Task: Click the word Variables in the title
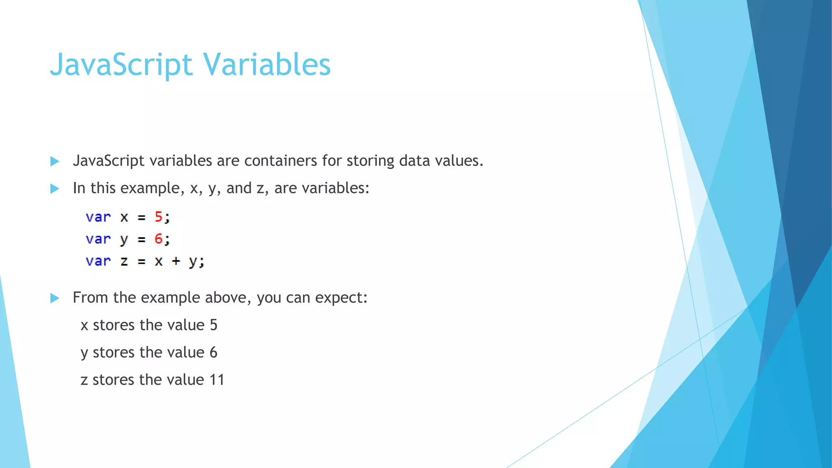point(267,65)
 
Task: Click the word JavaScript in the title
point(121,65)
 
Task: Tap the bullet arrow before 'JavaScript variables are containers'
point(54,162)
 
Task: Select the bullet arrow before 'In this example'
point(54,189)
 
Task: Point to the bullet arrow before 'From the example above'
point(54,299)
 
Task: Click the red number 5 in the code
point(158,217)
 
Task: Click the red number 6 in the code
point(158,239)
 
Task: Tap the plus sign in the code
point(176,261)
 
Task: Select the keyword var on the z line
point(98,261)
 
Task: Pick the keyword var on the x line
point(98,217)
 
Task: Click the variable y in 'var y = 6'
point(124,240)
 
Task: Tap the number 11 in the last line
point(217,380)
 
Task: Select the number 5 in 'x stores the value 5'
point(214,325)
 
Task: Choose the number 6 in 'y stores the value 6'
point(214,352)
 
